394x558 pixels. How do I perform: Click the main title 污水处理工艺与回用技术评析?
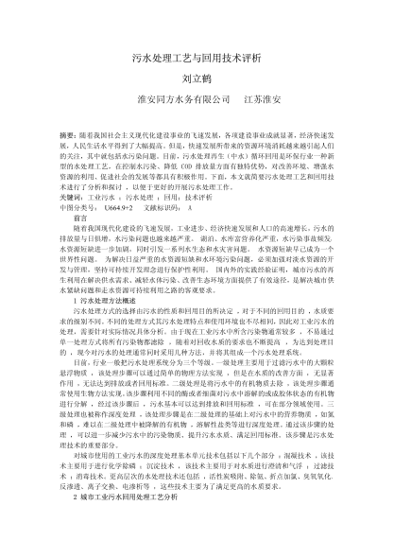point(197,57)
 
